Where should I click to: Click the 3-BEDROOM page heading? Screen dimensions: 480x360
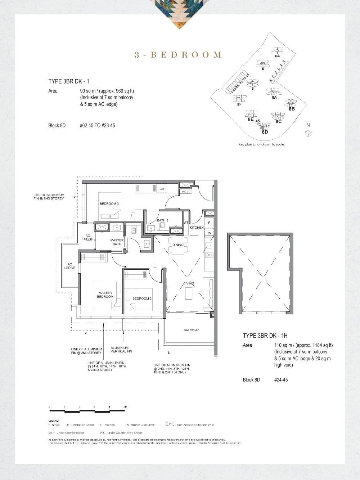178,55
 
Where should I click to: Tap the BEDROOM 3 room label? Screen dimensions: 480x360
109,204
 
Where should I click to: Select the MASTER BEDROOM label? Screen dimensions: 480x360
105,295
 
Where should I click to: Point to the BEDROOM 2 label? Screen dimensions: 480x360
142,299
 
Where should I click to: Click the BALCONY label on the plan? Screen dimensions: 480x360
191,330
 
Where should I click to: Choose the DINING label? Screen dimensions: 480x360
178,245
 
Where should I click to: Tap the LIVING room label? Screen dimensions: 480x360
189,283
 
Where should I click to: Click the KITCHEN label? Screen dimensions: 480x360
197,228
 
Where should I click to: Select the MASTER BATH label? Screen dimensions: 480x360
117,242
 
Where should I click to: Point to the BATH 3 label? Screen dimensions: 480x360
162,220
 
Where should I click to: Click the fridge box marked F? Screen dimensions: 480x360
209,223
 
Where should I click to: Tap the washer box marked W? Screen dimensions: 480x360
209,233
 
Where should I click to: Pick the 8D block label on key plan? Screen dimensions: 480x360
265,132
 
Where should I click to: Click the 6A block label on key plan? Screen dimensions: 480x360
277,56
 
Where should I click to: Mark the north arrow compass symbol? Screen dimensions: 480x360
308,133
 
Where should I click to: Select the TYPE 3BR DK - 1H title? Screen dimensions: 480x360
265,336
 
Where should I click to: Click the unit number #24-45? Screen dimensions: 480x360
281,380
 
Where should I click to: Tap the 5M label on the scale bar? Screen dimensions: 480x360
125,407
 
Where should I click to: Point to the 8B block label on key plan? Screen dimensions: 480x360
292,109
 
